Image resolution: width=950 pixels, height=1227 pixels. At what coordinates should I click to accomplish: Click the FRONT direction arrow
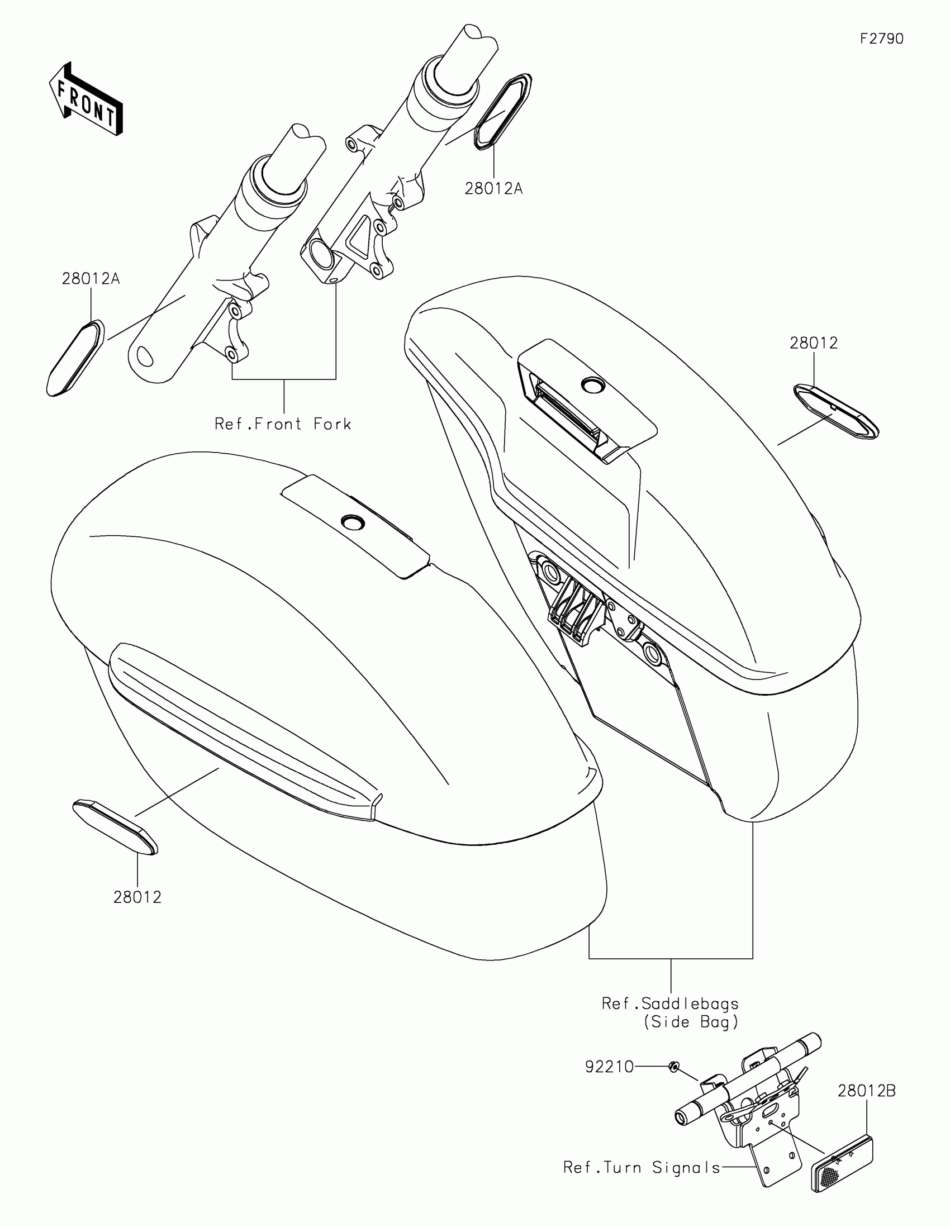(85, 99)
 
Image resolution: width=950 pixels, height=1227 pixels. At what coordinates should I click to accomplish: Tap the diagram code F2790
(881, 39)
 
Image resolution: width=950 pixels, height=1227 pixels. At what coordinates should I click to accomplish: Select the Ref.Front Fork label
(283, 424)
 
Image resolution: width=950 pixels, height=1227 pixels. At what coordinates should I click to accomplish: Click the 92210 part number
(609, 1066)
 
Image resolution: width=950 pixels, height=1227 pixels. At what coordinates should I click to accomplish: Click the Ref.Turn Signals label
(642, 1168)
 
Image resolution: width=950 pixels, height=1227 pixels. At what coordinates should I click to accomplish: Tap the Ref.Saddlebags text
(670, 1004)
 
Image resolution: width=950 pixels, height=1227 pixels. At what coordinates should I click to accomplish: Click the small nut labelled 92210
(674, 1066)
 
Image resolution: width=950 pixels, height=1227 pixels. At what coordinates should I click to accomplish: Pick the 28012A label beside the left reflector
(91, 279)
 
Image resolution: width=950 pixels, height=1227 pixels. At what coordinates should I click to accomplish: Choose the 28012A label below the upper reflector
(493, 189)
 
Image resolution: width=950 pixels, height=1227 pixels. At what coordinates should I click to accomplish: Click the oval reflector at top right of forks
(503, 111)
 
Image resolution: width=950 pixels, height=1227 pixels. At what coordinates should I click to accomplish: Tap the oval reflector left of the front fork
(75, 358)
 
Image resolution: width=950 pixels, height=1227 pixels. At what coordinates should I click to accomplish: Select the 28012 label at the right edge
(814, 343)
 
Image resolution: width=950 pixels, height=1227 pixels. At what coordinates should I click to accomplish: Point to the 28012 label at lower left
(137, 898)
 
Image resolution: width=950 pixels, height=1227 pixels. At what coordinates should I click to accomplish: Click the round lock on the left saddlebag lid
(353, 522)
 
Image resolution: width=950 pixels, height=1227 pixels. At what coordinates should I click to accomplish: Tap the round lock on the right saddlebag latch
(592, 385)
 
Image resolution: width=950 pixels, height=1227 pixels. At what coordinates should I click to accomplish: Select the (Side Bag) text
(691, 1022)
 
